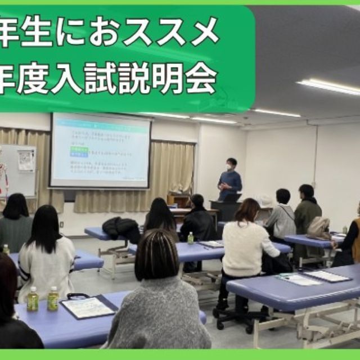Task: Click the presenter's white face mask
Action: pyautogui.click(x=228, y=167)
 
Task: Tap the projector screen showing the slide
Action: pyautogui.click(x=100, y=150)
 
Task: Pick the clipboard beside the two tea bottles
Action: pyautogui.click(x=88, y=307)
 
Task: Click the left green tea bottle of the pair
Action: pyautogui.click(x=33, y=299)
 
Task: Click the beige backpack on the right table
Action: pyautogui.click(x=319, y=228)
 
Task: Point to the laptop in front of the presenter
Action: pyautogui.click(x=232, y=197)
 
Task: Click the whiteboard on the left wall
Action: pyautogui.click(x=19, y=169)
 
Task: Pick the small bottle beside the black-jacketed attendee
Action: pyautogui.click(x=190, y=238)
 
